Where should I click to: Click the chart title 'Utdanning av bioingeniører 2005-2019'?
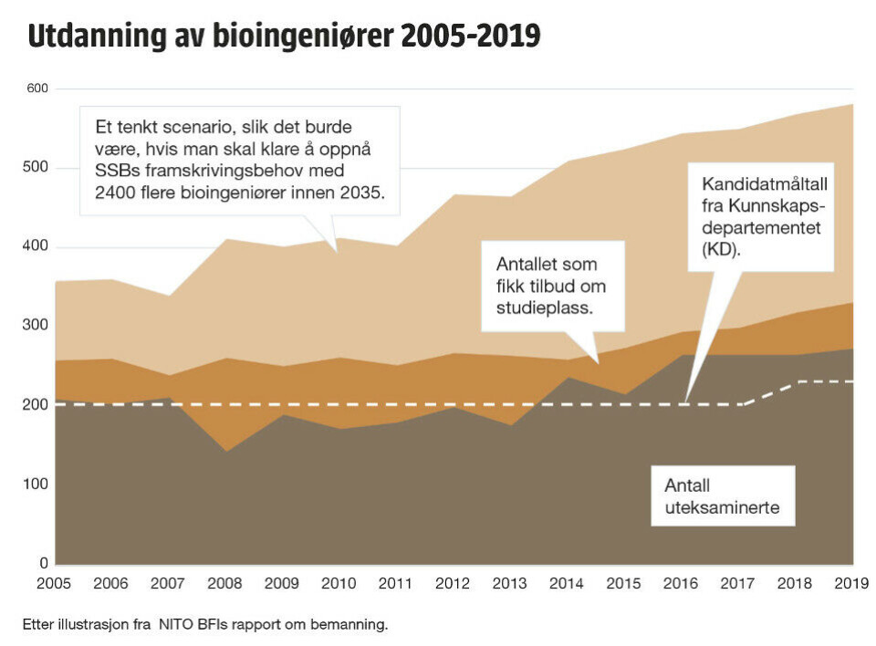tap(284, 36)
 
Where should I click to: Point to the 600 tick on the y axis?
tap(37, 89)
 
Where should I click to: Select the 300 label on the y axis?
tap(37, 327)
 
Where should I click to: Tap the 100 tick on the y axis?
tap(37, 484)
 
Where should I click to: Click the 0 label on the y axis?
tap(44, 563)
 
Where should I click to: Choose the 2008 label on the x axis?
tap(225, 583)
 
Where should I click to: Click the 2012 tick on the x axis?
tap(454, 583)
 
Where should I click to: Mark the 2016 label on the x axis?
tap(682, 583)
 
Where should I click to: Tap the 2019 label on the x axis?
tap(851, 583)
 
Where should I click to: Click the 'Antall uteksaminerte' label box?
tap(722, 495)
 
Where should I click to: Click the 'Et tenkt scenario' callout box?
tap(240, 161)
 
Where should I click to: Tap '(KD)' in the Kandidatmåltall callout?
tap(722, 248)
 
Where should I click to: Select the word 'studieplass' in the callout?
tap(545, 308)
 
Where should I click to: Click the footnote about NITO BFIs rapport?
tap(205, 624)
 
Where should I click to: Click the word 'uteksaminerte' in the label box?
tap(721, 507)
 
